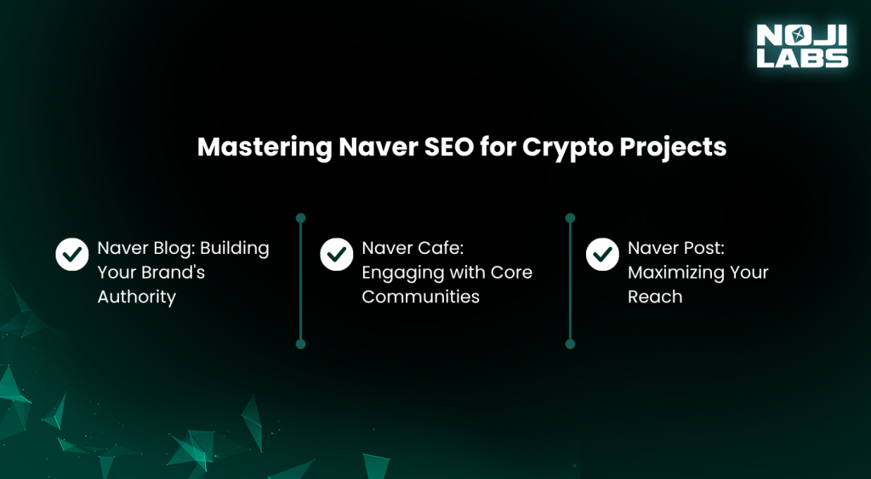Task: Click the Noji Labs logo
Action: click(x=802, y=45)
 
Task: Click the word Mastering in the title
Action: click(x=263, y=147)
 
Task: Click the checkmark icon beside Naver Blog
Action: click(x=71, y=254)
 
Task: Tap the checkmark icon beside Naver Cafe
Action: click(x=337, y=254)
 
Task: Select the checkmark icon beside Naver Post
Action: click(x=603, y=254)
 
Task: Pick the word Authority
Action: click(x=136, y=297)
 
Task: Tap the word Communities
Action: click(x=420, y=297)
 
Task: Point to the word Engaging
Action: click(x=400, y=273)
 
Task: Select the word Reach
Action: click(x=655, y=297)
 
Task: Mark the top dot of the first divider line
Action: click(x=300, y=217)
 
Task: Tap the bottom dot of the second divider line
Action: click(x=570, y=344)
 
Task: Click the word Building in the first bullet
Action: click(x=234, y=249)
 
